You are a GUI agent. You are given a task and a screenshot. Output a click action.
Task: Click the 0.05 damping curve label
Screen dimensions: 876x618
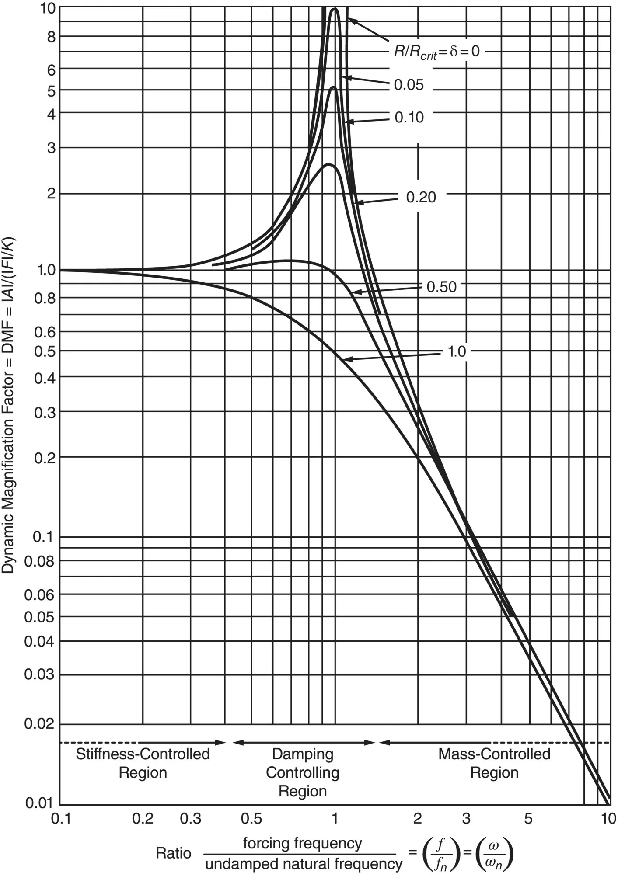[409, 85]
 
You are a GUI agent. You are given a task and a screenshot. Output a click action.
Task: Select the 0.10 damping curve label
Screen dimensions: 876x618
[409, 117]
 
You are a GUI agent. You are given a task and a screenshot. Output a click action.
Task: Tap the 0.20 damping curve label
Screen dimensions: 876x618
[421, 197]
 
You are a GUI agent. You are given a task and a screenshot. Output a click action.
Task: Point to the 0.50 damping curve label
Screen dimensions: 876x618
[441, 287]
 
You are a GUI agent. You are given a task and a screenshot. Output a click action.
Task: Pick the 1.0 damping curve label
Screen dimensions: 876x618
[457, 351]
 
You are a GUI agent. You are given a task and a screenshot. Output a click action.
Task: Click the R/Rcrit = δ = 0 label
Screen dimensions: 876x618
[436, 52]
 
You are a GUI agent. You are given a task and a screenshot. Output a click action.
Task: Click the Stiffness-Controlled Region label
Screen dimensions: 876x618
[143, 763]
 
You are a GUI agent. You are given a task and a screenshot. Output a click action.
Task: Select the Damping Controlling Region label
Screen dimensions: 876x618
[303, 772]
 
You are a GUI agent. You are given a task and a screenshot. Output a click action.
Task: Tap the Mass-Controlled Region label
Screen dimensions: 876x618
[494, 763]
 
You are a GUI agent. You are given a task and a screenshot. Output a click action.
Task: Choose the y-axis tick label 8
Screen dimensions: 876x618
[51, 37]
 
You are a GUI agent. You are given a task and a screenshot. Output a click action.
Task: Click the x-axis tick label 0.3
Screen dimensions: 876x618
[190, 818]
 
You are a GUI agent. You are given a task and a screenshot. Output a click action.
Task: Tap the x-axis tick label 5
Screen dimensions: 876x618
[528, 818]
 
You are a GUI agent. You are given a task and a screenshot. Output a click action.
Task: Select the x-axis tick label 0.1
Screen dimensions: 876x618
[61, 818]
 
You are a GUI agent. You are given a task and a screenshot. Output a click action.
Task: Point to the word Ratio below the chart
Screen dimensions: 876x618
[174, 853]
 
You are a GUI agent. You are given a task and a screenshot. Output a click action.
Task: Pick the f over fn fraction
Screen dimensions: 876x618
[441, 853]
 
